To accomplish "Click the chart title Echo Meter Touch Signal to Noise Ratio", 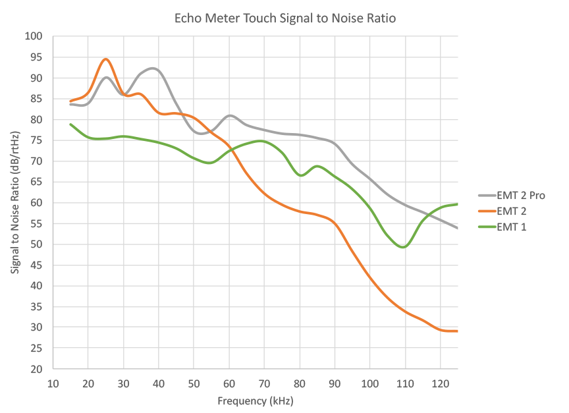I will click(x=284, y=18).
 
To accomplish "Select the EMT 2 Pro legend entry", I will click(x=521, y=195).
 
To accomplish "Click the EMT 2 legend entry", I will click(x=513, y=211).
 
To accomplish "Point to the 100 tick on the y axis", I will click(x=33, y=36).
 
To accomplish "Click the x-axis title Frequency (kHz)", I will click(x=255, y=400).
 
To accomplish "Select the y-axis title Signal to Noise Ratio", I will click(x=15, y=202).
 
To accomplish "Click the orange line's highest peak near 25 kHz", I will click(x=105, y=59).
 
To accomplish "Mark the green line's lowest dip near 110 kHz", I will click(x=404, y=247).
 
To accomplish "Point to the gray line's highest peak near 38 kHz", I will click(x=153, y=69).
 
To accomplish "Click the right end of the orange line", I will click(x=457, y=331).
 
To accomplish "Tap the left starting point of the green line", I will click(x=70, y=124).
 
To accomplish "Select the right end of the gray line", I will click(x=457, y=228).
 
